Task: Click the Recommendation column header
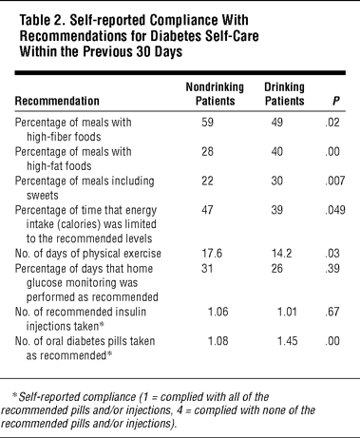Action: (x=57, y=101)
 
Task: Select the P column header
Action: (x=335, y=101)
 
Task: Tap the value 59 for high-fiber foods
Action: (x=207, y=123)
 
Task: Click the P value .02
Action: (x=332, y=123)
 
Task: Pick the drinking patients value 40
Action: (x=277, y=151)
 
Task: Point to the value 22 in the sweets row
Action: (x=207, y=181)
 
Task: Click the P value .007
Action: (x=335, y=181)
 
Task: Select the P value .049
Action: (x=335, y=210)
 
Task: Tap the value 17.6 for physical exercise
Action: (x=212, y=254)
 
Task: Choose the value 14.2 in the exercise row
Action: (x=281, y=254)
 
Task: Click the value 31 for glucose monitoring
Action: (x=207, y=268)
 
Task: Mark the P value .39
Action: (x=332, y=268)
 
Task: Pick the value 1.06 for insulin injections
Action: (x=218, y=312)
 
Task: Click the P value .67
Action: (x=332, y=312)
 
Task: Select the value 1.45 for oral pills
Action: (x=288, y=341)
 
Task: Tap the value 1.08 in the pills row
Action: (x=218, y=341)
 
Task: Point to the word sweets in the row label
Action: (x=43, y=196)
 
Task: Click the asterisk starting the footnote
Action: (x=14, y=395)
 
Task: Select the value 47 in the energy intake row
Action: (x=207, y=210)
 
